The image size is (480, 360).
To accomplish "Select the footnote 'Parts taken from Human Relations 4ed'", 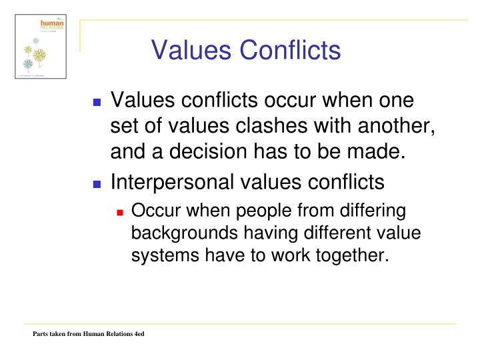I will pos(89,333).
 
